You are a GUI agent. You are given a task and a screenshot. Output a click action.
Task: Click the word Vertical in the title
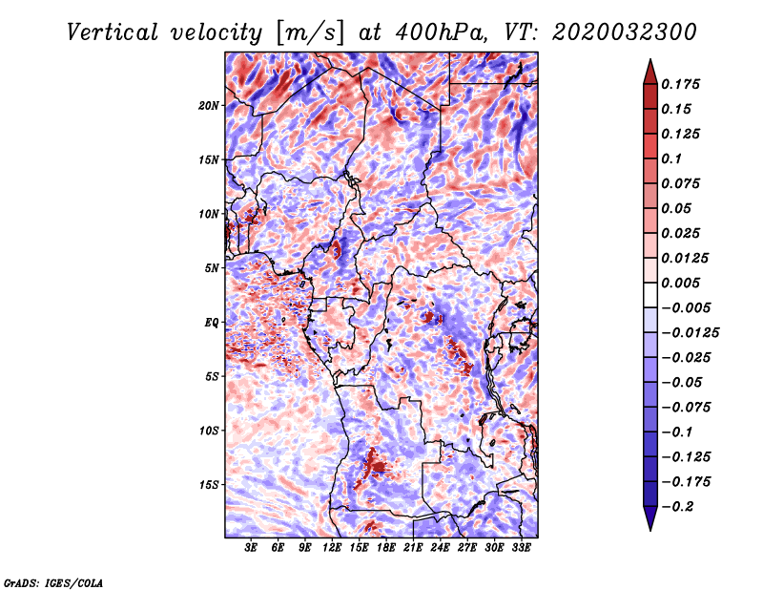113,32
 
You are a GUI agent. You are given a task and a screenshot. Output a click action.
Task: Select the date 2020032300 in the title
625,32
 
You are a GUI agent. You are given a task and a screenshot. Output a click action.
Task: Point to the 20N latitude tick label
209,106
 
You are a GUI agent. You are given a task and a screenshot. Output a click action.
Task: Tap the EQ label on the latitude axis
212,323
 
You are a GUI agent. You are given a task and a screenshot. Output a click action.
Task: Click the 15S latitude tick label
209,485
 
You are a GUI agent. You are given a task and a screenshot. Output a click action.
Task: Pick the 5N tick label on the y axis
212,268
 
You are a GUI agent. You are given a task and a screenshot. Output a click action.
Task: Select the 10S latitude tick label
209,431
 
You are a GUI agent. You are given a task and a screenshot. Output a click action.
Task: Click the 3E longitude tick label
251,548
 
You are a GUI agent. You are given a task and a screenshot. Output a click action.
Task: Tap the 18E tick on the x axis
386,548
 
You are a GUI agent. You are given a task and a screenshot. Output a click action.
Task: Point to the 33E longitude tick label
521,548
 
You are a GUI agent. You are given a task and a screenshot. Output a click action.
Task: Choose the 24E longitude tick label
440,548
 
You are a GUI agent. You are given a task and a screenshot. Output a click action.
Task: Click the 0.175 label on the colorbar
680,84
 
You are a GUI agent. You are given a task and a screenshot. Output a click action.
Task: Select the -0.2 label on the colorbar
677,507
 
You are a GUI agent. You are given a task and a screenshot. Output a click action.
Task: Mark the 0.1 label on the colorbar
671,158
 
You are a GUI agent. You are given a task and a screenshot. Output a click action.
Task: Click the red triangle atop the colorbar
650,73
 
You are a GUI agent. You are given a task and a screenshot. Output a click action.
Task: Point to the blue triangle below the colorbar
650,517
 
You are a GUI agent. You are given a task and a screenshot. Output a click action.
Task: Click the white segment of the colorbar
650,295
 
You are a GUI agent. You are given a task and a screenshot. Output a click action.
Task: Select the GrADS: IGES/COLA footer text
53,583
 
